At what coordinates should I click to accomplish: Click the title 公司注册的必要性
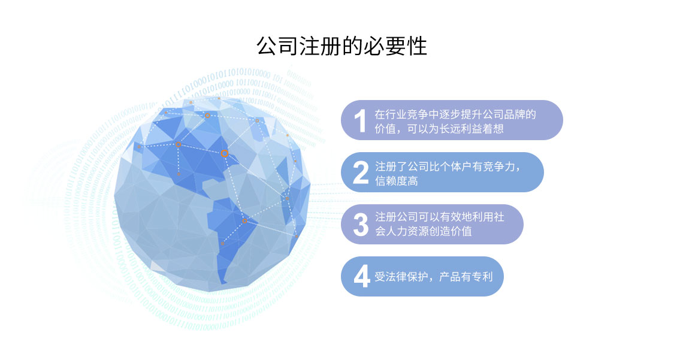click(341, 46)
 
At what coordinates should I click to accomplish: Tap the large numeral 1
click(360, 120)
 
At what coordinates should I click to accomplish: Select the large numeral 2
click(361, 173)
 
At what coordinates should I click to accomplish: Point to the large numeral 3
click(361, 225)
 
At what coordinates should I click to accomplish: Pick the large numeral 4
click(361, 276)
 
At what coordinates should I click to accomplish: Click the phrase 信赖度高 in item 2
click(397, 181)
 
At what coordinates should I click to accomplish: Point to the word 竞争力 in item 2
click(498, 167)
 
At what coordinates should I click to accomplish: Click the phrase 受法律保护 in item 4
click(401, 277)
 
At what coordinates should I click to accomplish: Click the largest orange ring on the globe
click(224, 153)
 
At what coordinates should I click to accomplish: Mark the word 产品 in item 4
click(450, 277)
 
